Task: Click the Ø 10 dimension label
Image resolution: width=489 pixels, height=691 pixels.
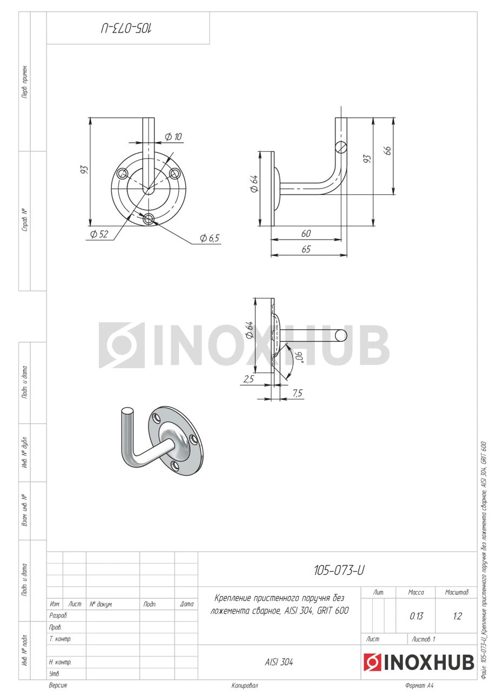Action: click(173, 137)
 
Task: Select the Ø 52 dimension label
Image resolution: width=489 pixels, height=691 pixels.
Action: click(99, 234)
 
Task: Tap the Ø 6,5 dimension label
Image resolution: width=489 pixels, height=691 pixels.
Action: click(209, 238)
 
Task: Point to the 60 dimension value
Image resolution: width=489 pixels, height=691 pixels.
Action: click(306, 234)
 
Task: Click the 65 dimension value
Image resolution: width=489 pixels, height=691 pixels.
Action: click(306, 249)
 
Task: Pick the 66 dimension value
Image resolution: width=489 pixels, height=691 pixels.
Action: click(388, 151)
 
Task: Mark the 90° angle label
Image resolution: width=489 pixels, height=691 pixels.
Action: click(299, 357)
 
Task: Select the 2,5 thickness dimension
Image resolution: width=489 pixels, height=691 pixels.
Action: click(249, 379)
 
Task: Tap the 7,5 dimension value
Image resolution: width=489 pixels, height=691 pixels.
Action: click(298, 393)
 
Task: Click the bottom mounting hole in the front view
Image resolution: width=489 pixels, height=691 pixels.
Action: click(149, 219)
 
